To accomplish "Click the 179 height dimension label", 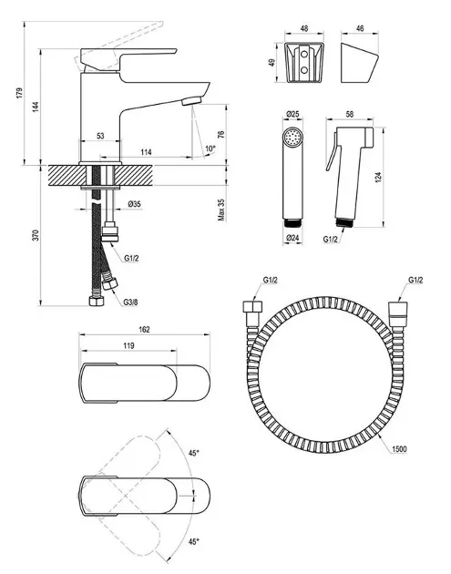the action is pyautogui.click(x=19, y=93).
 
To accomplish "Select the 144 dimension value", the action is pyautogui.click(x=36, y=107).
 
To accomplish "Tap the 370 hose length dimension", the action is pyautogui.click(x=36, y=235).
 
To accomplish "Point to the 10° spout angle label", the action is pyautogui.click(x=210, y=149).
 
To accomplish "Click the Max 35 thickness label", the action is pyautogui.click(x=221, y=210).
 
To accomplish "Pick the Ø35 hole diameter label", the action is pyautogui.click(x=134, y=204).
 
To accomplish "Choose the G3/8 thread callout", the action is pyautogui.click(x=130, y=302).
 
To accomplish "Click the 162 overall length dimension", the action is pyautogui.click(x=145, y=330).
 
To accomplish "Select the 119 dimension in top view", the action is pyautogui.click(x=128, y=345).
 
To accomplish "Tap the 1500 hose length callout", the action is pyautogui.click(x=399, y=449).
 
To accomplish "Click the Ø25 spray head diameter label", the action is pyautogui.click(x=292, y=114).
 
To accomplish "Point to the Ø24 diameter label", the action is pyautogui.click(x=292, y=238).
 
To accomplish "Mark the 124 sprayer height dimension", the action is pyautogui.click(x=378, y=178).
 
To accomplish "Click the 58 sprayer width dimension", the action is pyautogui.click(x=350, y=114).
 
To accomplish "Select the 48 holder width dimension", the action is pyautogui.click(x=304, y=28).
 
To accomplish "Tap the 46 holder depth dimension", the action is pyautogui.click(x=360, y=28).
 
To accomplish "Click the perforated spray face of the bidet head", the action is pyautogui.click(x=293, y=138).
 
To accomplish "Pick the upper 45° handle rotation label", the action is pyautogui.click(x=194, y=453).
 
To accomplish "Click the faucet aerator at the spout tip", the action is pyautogui.click(x=192, y=100).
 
